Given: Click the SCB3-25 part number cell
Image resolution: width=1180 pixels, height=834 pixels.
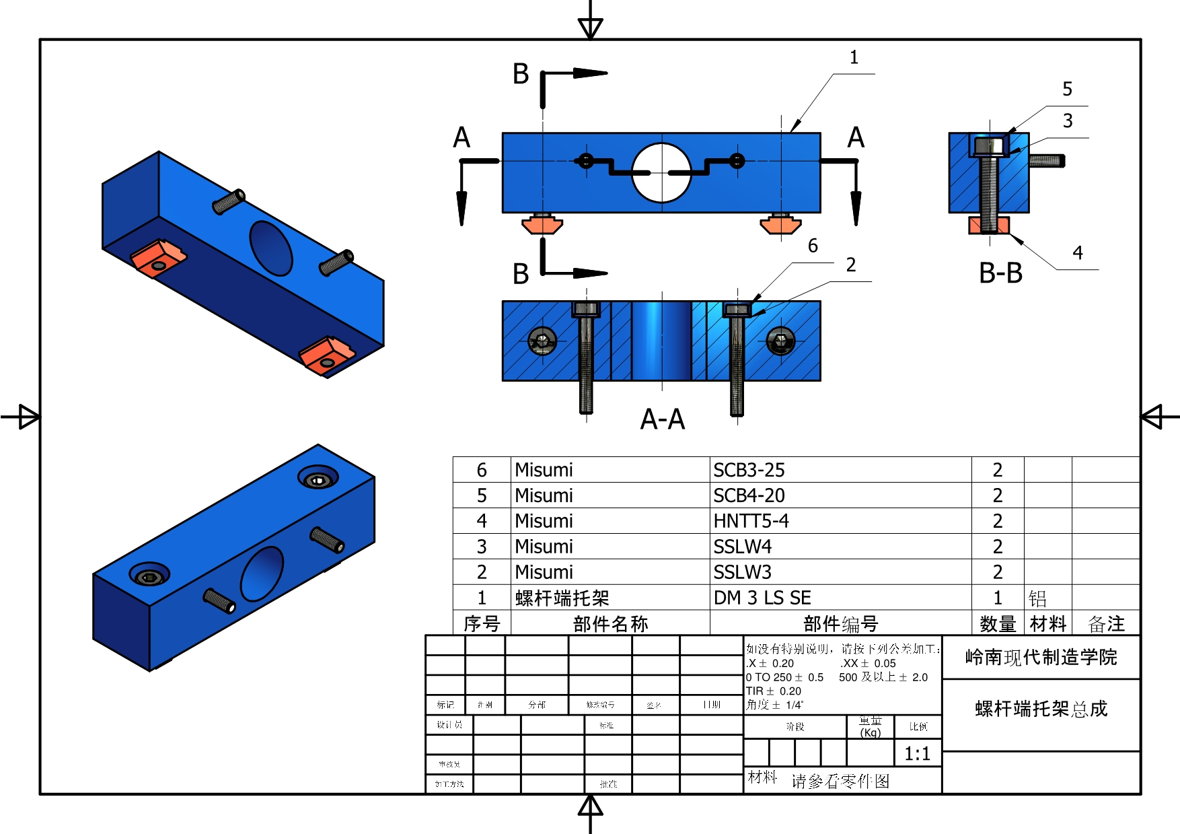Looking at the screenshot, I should (x=749, y=470).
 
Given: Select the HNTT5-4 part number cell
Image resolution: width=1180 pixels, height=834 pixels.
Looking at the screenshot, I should (x=751, y=521).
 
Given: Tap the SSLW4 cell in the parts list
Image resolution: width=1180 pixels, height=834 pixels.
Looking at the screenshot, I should (x=742, y=547).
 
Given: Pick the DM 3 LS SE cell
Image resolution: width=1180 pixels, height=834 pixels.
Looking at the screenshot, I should (x=762, y=598).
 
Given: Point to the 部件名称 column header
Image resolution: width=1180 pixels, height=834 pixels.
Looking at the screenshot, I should (x=610, y=624).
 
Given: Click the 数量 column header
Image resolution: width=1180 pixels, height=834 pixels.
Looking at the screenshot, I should (x=997, y=624).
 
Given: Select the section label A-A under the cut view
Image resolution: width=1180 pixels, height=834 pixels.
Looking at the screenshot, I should (x=662, y=419).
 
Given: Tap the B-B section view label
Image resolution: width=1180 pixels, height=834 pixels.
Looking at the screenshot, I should (x=1000, y=273).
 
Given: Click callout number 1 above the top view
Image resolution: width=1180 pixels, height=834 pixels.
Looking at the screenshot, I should (x=854, y=58).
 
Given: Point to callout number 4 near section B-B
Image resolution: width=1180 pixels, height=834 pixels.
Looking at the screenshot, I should (x=1078, y=253).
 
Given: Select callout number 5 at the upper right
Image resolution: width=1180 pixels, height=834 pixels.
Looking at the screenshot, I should (x=1067, y=89).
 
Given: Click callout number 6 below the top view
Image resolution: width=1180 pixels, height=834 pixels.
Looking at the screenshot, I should (x=813, y=246).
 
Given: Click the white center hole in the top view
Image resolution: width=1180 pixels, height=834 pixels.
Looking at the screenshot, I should (x=661, y=172).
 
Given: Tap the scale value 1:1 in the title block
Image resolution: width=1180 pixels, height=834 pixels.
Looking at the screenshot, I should (x=917, y=753).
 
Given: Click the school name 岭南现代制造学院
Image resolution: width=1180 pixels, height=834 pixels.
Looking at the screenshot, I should (x=1041, y=657).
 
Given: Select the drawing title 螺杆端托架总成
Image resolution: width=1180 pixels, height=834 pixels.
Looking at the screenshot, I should (x=1041, y=709).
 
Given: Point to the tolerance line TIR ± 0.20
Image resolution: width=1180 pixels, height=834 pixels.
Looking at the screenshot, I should (x=773, y=691).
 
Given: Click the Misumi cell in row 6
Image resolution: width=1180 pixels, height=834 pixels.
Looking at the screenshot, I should (x=544, y=470).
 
